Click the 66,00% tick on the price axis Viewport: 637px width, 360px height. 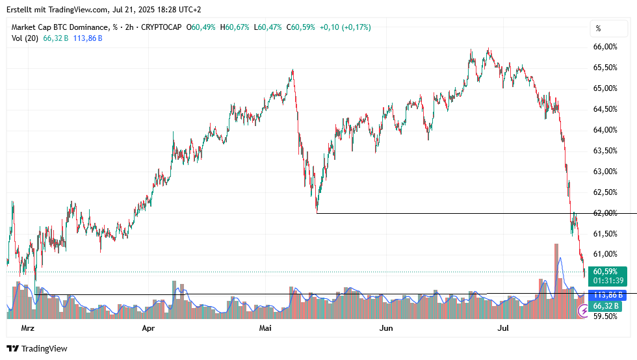605,47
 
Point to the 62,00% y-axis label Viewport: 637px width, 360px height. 605,213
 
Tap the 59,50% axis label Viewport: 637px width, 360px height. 605,316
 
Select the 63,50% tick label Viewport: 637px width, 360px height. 605,151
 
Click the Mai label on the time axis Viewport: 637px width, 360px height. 265,328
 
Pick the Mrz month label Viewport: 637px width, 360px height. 27,328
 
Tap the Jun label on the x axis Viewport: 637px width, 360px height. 386,328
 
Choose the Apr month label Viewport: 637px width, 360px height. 148,328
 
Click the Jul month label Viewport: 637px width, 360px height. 502,328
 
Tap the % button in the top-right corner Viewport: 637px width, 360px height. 598,29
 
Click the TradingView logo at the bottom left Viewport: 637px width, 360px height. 37,349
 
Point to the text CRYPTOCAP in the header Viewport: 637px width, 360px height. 164,27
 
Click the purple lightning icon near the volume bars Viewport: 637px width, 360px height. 584,312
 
